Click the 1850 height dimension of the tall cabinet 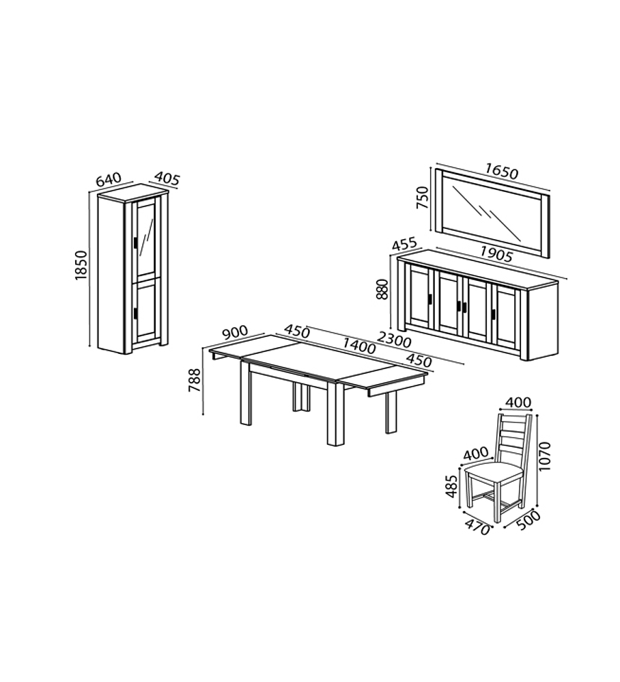pos(81,265)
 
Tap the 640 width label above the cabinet pos(108,180)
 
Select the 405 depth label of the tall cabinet pos(167,178)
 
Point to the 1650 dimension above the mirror pos(502,171)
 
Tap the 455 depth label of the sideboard pos(404,244)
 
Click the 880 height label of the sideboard pos(382,289)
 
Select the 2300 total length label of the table pos(394,340)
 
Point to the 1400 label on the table pos(359,346)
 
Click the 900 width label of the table pos(235,332)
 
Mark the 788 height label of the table pos(195,380)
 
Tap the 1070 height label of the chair pos(544,456)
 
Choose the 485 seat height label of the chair pos(451,487)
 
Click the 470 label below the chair pos(477,527)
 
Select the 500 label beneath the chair pos(529,520)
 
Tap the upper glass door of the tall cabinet pos(146,238)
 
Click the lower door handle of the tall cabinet pos(136,313)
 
